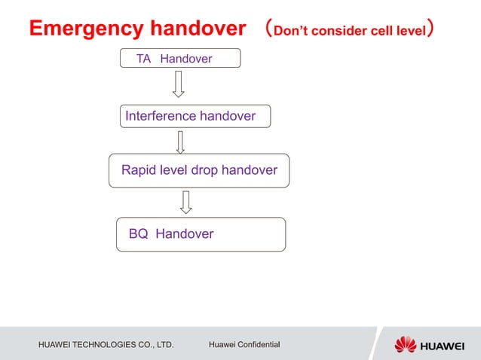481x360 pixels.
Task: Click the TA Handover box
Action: (180, 58)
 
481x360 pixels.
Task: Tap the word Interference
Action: (161, 116)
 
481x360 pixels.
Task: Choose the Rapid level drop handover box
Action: (199, 170)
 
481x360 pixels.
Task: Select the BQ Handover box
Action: (201, 234)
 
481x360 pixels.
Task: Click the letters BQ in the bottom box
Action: (138, 234)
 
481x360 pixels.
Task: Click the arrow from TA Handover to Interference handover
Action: (179, 84)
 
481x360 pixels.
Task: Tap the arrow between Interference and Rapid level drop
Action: (180, 142)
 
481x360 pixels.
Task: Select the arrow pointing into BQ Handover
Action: (186, 201)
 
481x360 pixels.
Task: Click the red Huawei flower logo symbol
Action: (406, 344)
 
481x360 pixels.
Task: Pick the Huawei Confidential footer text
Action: (244, 345)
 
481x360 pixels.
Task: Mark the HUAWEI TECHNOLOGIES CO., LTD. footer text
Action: (106, 345)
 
